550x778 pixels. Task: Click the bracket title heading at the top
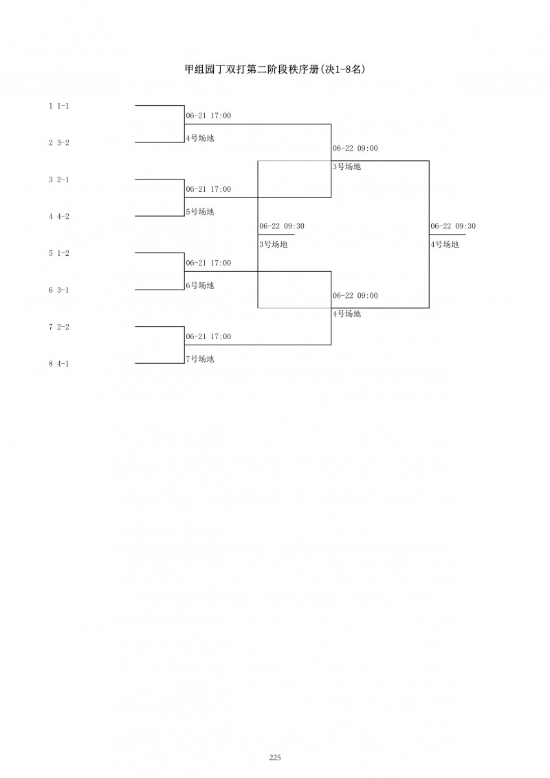(x=274, y=69)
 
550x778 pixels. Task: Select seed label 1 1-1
(x=59, y=106)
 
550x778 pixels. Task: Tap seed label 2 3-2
(x=59, y=142)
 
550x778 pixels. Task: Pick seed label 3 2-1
(x=59, y=180)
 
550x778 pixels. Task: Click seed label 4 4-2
(x=59, y=216)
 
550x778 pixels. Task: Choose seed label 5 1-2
(x=59, y=253)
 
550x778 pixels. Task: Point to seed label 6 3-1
(x=59, y=290)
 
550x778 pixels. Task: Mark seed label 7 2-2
(x=59, y=327)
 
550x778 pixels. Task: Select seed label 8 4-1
(x=59, y=363)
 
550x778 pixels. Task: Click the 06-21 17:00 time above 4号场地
(x=208, y=116)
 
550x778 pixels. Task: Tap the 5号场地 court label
(x=200, y=212)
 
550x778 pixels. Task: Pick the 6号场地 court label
(x=200, y=285)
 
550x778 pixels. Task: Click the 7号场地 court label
(x=200, y=359)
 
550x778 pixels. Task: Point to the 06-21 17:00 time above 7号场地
(x=208, y=336)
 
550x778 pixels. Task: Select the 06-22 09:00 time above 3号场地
(x=355, y=148)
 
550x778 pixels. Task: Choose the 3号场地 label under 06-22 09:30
(x=274, y=244)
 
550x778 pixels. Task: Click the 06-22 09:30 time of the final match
(x=453, y=226)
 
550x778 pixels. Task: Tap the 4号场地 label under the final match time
(x=445, y=244)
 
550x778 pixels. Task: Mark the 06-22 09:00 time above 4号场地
(x=355, y=295)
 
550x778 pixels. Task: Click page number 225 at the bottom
(x=275, y=757)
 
